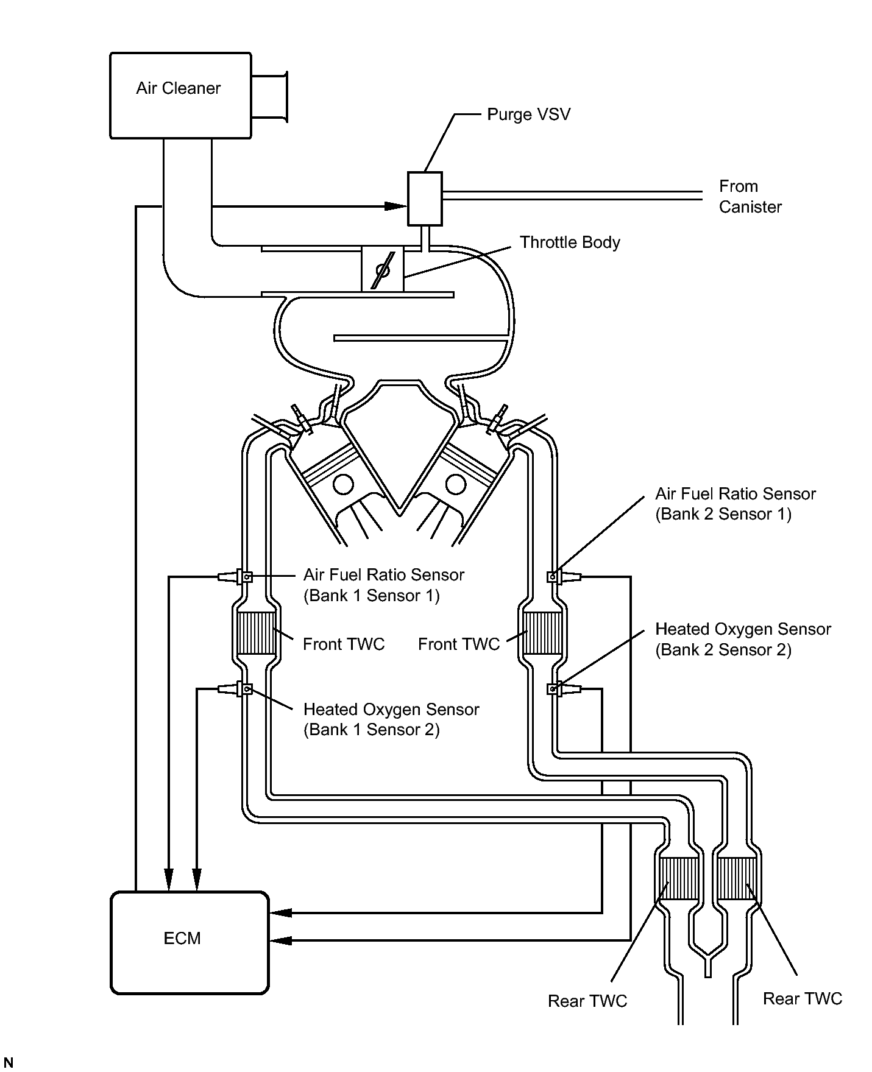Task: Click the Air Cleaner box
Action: pyautogui.click(x=180, y=96)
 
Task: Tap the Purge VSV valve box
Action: pyautogui.click(x=425, y=199)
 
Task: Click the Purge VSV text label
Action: pyautogui.click(x=528, y=115)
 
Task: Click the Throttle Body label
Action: pyautogui.click(x=570, y=242)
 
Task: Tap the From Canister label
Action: pyautogui.click(x=750, y=197)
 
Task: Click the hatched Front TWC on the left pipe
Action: pyautogui.click(x=256, y=633)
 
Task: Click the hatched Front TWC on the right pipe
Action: pyautogui.click(x=542, y=633)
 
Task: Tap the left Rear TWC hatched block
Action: pyautogui.click(x=679, y=878)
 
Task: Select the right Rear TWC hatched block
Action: pyautogui.click(x=737, y=878)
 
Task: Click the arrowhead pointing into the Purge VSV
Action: pyautogui.click(x=396, y=206)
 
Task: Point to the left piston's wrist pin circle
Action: pyautogui.click(x=343, y=484)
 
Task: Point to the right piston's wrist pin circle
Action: pyautogui.click(x=456, y=484)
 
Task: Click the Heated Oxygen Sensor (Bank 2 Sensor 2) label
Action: pyautogui.click(x=743, y=640)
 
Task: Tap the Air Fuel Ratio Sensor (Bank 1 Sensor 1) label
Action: pyautogui.click(x=384, y=585)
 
